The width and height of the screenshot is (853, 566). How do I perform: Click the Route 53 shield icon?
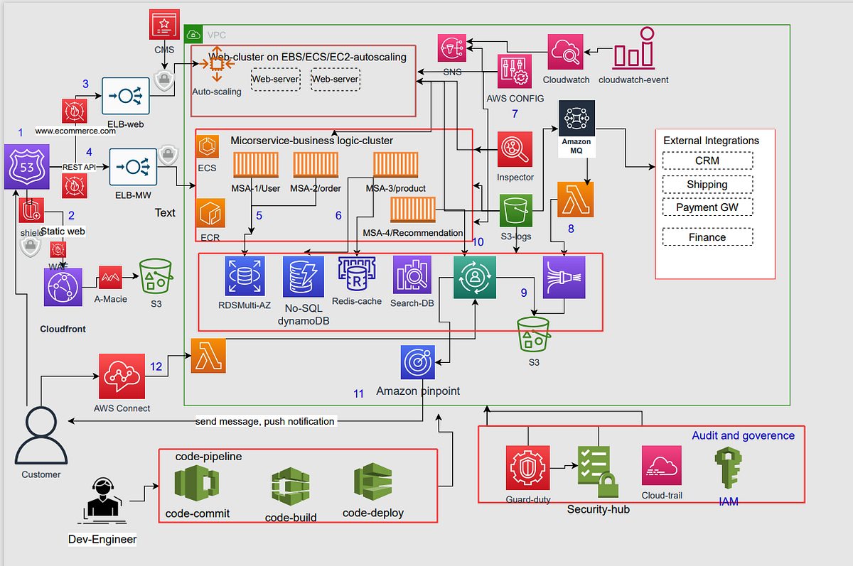26,167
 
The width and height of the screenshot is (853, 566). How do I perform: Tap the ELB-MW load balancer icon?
133,167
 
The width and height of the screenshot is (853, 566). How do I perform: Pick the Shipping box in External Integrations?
707,184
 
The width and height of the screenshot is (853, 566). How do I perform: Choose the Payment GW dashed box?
707,207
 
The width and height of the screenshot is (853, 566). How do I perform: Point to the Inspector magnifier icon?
515,149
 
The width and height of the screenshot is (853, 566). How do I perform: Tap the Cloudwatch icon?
566,52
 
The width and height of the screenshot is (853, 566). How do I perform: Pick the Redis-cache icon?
356,276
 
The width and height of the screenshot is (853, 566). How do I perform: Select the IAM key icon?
728,467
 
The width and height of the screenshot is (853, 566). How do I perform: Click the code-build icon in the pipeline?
290,486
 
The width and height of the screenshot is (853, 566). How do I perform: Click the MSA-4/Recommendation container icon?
413,212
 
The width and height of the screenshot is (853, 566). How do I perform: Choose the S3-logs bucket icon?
517,212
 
